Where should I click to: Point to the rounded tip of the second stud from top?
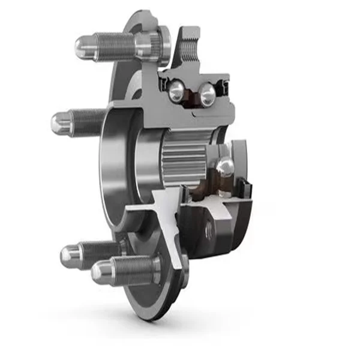click(61, 123)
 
